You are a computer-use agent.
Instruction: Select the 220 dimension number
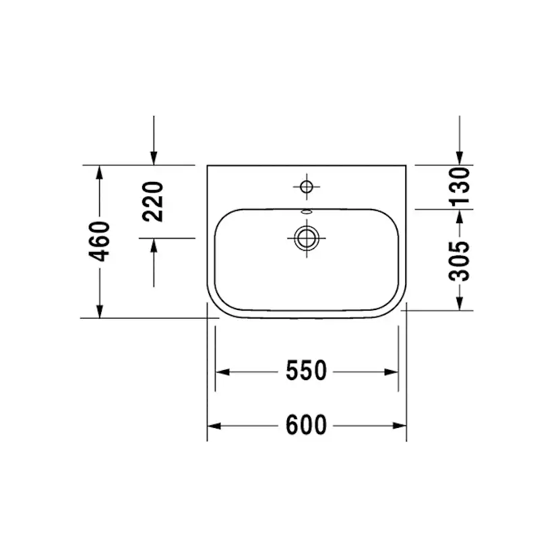coord(154,201)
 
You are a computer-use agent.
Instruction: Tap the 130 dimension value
coord(459,186)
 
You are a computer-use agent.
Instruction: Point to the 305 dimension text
coord(459,260)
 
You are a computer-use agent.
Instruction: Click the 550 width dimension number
coord(306,371)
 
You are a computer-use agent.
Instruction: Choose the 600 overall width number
coord(306,425)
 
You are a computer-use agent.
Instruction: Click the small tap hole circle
coord(307,186)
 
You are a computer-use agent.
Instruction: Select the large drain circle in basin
coord(307,237)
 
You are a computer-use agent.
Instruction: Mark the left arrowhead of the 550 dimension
coord(222,371)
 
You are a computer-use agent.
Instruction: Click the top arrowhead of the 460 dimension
coord(100,171)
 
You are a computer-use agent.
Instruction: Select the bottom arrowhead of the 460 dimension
coord(100,311)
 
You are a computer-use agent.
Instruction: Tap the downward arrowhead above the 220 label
coord(154,158)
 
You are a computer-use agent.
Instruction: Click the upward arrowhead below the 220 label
coord(154,245)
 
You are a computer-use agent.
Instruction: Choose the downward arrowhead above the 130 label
coord(459,158)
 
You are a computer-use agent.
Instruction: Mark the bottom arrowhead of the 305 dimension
coord(459,303)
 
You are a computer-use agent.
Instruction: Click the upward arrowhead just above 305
coord(459,216)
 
